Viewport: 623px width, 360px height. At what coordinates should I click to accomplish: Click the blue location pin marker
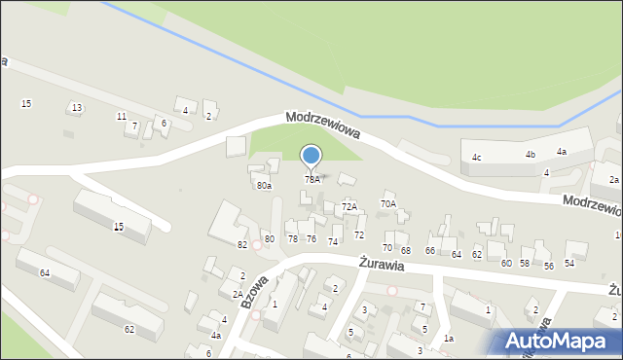tap(311, 156)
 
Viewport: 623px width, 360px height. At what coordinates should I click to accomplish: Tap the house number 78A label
tap(311, 179)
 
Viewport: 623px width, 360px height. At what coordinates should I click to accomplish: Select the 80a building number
tap(264, 185)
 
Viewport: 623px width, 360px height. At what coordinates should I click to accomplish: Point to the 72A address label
tap(349, 206)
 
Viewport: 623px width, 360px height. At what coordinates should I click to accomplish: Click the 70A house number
tap(388, 203)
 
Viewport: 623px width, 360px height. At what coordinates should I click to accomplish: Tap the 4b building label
tap(531, 155)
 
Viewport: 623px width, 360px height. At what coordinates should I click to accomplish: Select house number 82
tap(241, 244)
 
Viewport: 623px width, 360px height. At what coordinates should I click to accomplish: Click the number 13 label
tap(77, 107)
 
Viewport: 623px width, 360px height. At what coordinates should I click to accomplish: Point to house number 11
tap(122, 116)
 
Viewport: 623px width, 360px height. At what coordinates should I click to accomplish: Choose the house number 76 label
tap(311, 238)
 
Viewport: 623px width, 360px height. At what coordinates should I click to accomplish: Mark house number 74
tap(333, 241)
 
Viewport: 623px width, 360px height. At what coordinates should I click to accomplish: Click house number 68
tap(405, 251)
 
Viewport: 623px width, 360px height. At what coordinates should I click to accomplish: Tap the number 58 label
tap(525, 264)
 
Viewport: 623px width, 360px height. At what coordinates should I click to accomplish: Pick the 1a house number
tap(448, 338)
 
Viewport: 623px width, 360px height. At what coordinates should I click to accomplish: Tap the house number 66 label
tap(430, 251)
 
